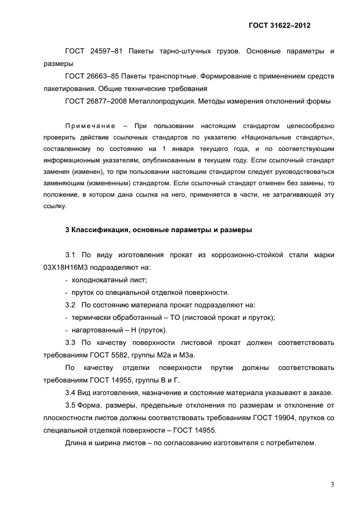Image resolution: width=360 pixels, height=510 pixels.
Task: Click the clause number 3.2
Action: click(x=71, y=305)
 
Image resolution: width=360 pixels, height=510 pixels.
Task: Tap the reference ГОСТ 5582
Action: click(x=117, y=355)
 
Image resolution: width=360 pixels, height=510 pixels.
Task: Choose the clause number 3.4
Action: click(x=71, y=393)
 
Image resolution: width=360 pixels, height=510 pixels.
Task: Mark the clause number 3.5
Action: click(x=71, y=405)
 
